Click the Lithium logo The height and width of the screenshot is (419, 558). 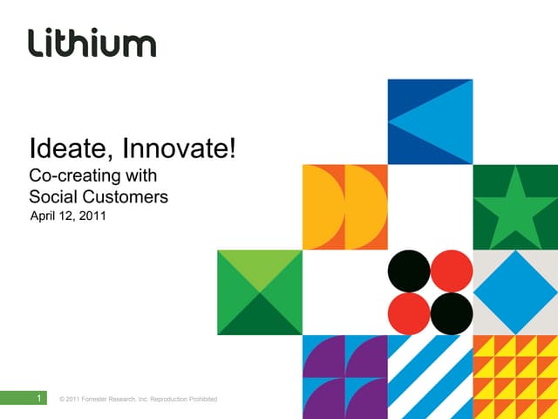coord(92,42)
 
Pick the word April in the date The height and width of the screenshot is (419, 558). coord(44,215)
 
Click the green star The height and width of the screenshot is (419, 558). coord(514,206)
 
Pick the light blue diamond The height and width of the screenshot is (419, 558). coord(514,292)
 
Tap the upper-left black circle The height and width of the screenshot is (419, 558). coord(409,271)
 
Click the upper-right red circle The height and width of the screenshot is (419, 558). coord(451,271)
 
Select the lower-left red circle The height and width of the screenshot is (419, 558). coord(409,313)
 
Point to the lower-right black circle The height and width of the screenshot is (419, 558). coord(451,313)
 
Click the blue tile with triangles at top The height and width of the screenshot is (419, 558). coord(430,121)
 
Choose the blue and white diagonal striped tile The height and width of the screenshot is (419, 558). coord(430,376)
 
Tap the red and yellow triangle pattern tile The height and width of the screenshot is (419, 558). coord(514,376)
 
